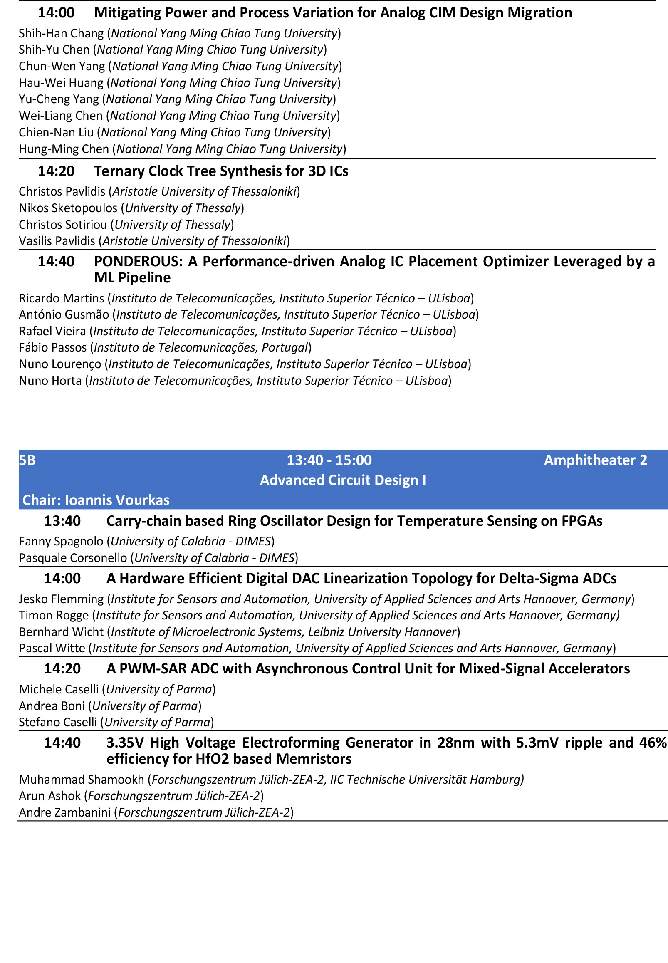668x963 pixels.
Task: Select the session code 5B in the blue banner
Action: [x=27, y=460]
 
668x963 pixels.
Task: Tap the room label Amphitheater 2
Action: [x=595, y=460]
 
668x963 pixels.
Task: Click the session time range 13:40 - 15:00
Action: [x=329, y=460]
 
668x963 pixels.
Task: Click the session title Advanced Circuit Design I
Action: [x=343, y=480]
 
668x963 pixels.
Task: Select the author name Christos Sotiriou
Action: [x=63, y=225]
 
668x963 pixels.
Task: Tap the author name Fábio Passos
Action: [x=53, y=347]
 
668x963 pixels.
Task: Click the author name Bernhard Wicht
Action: [x=61, y=631]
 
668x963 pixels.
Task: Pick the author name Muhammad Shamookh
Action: [x=82, y=779]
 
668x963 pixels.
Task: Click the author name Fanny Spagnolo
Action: [x=61, y=541]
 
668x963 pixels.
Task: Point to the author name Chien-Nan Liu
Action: [x=56, y=132]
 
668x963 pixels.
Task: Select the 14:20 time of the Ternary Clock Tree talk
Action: [x=56, y=171]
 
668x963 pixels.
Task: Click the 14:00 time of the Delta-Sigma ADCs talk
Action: [x=62, y=578]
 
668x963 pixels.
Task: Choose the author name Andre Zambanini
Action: [x=65, y=812]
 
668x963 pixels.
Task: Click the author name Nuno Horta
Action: [x=50, y=381]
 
